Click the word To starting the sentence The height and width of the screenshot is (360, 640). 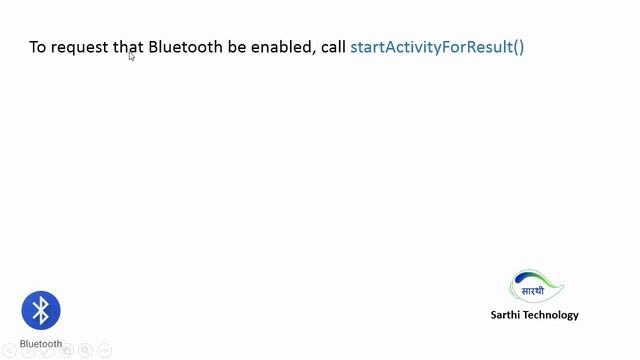point(37,47)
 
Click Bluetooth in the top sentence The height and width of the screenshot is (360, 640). point(186,47)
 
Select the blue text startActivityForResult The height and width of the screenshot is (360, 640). point(430,48)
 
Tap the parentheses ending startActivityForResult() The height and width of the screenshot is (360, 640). point(518,48)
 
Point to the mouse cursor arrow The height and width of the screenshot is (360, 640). point(131,57)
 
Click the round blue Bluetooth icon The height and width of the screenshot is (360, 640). point(41,311)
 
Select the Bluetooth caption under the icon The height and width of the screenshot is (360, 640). point(41,344)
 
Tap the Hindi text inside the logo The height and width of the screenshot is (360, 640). point(533,291)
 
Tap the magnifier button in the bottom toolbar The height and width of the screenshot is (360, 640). point(86,351)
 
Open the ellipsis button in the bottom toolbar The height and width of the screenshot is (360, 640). point(105,351)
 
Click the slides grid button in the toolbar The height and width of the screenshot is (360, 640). point(68,351)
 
